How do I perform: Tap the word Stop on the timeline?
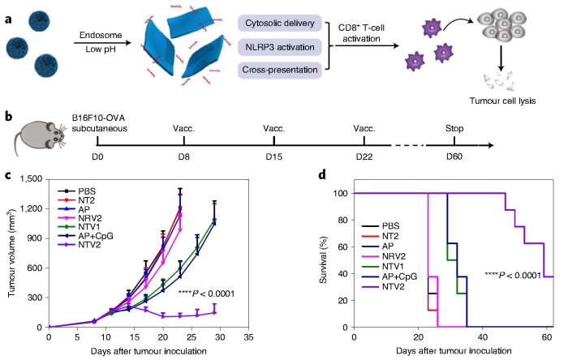[x=456, y=128]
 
